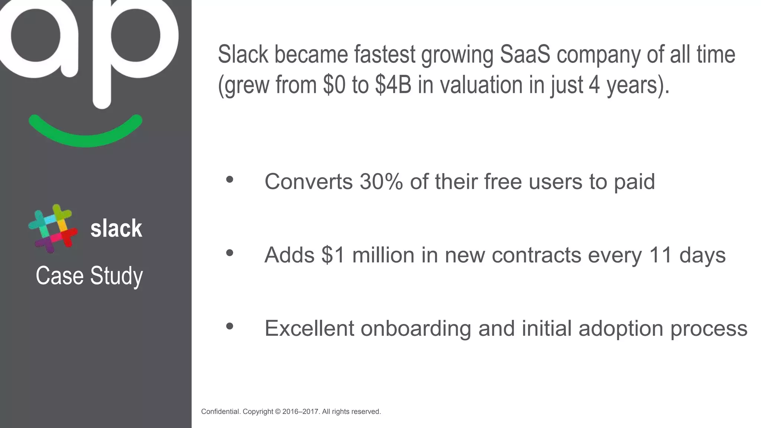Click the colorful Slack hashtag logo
[x=53, y=229]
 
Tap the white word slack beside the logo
[x=116, y=228]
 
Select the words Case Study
[x=89, y=276]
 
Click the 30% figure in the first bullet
[x=381, y=182]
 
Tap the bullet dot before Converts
[x=230, y=180]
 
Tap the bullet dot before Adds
[x=230, y=253]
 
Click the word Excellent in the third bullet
[x=309, y=328]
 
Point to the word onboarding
[x=416, y=329]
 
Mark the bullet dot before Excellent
[x=230, y=326]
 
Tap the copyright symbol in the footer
[x=277, y=412]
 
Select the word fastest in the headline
[x=384, y=54]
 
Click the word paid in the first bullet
[x=634, y=182]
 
